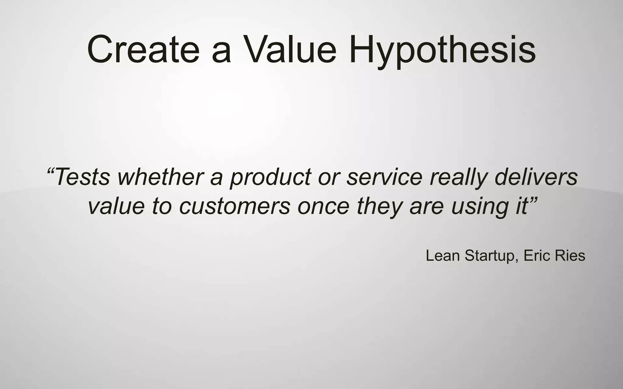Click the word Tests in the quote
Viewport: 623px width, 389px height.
82,177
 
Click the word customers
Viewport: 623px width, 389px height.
235,207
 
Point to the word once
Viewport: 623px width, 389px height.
323,207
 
